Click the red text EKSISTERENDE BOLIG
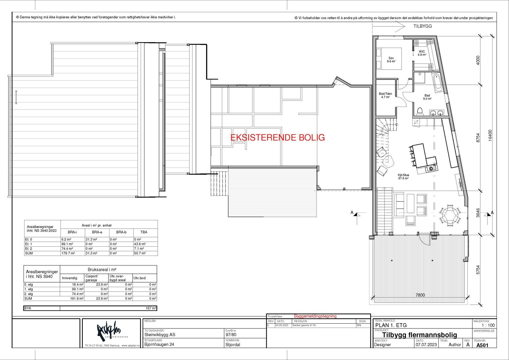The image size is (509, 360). (x=277, y=138)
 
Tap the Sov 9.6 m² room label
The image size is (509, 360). (x=391, y=60)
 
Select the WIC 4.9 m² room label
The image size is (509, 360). (x=422, y=53)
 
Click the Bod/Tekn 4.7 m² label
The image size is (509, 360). (x=385, y=95)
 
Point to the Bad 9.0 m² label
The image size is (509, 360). (x=427, y=97)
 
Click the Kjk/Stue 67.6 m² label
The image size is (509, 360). (x=403, y=177)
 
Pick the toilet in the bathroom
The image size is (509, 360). (x=420, y=111)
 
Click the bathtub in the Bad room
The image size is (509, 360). (x=437, y=82)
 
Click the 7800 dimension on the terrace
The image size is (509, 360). (x=420, y=295)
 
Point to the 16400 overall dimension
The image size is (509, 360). (x=490, y=135)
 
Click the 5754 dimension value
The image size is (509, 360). (x=478, y=270)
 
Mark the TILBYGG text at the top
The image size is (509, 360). (x=422, y=26)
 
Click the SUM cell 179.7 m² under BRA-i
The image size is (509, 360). (x=68, y=253)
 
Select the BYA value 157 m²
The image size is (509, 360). (x=151, y=308)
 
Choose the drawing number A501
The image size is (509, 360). (x=482, y=345)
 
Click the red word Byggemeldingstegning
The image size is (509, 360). (x=315, y=316)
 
